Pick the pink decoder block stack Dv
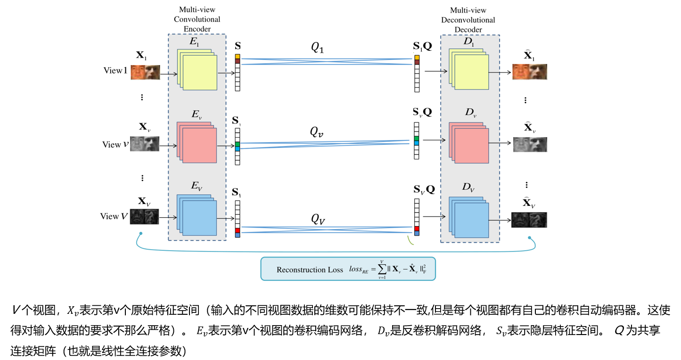tap(469, 142)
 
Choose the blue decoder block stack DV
tap(469, 216)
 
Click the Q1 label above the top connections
tap(317, 47)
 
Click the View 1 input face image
tap(145, 72)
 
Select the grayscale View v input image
tap(144, 144)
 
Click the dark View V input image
tap(144, 216)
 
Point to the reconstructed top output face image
tap(530, 72)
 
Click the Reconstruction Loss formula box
tap(348, 269)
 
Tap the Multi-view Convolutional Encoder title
tap(197, 19)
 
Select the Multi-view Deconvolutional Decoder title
tap(468, 20)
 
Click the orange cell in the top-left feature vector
tap(238, 57)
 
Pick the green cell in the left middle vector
tap(238, 144)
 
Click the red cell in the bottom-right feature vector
tap(417, 229)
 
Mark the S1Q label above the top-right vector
tap(422, 46)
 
